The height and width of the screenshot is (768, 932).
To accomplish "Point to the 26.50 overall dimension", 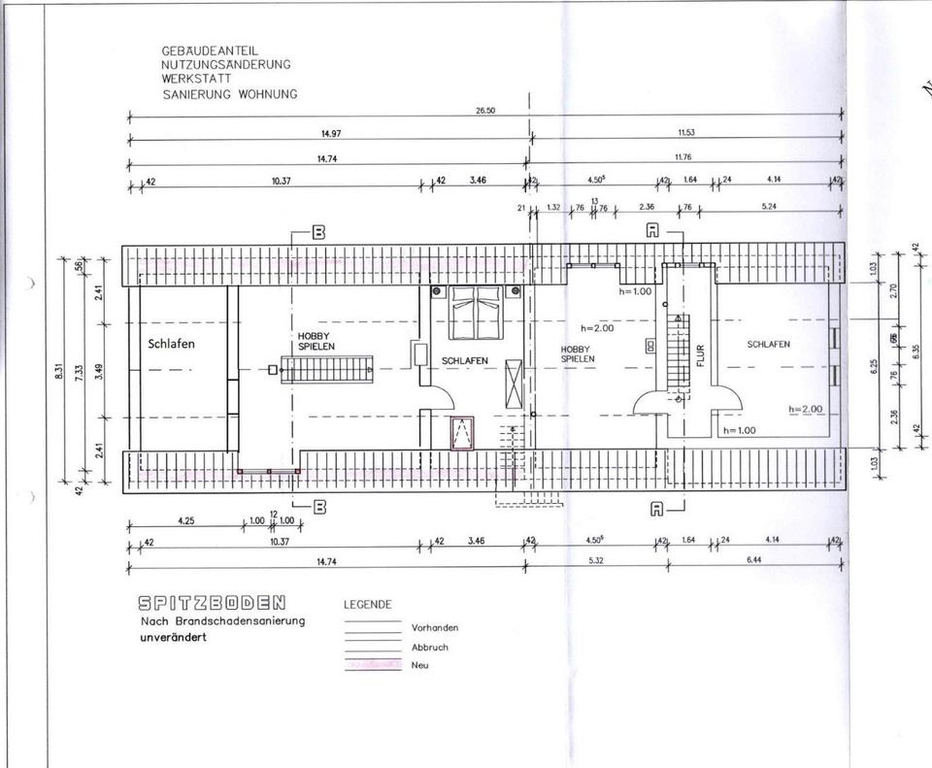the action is (x=485, y=112).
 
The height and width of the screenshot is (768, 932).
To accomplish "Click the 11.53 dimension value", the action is (x=685, y=134).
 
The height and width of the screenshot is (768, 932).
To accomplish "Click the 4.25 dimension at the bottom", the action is (x=185, y=521).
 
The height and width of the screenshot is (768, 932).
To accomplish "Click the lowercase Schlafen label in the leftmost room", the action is (x=172, y=344).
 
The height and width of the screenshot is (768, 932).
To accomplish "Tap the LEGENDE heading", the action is (x=368, y=604).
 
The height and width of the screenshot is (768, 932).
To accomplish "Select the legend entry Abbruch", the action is (x=430, y=647).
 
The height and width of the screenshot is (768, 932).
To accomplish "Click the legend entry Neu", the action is (x=419, y=665).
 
